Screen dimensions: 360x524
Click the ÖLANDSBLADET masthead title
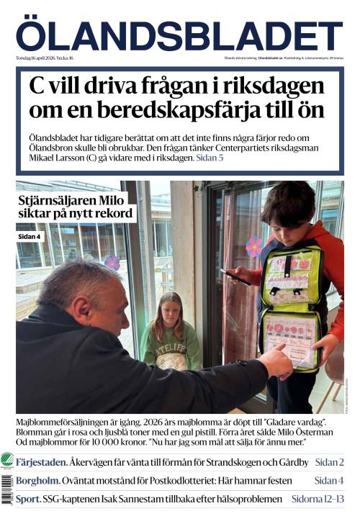click(179, 35)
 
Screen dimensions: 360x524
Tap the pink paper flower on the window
click(254, 246)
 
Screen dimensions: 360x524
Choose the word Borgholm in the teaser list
click(37, 480)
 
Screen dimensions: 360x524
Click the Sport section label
click(28, 498)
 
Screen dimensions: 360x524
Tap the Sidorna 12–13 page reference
click(318, 498)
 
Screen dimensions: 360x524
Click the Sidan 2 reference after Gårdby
click(329, 462)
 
